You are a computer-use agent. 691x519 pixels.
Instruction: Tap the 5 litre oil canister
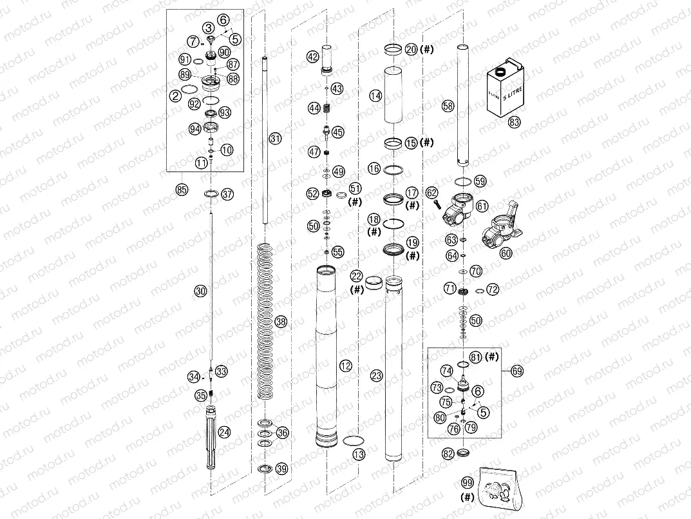(x=507, y=85)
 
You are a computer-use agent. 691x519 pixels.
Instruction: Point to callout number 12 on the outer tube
(x=346, y=366)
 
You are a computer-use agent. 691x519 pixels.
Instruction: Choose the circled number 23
(x=376, y=375)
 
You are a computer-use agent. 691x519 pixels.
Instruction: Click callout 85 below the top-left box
(x=182, y=190)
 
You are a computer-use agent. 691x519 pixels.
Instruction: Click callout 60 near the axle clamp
(x=506, y=253)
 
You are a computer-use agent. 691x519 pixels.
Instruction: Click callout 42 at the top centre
(x=312, y=57)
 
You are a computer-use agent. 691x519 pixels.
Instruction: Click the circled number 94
(x=194, y=130)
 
